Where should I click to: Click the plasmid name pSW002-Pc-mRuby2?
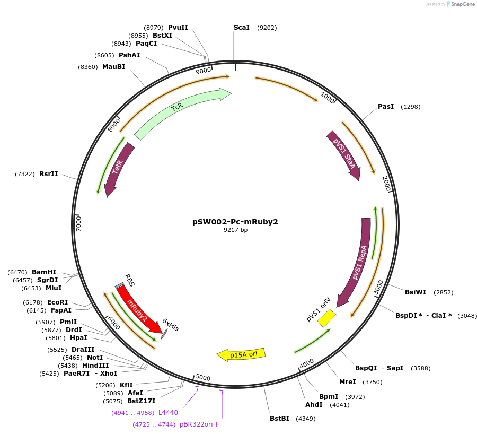235,222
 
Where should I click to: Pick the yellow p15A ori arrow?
241,354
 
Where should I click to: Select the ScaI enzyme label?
241,28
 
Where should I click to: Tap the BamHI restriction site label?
44,272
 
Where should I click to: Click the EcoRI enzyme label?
57,302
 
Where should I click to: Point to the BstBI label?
279,419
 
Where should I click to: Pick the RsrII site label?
48,174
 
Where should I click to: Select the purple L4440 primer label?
168,413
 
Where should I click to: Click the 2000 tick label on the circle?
387,184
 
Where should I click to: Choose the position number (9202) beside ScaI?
267,28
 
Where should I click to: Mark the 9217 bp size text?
235,230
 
